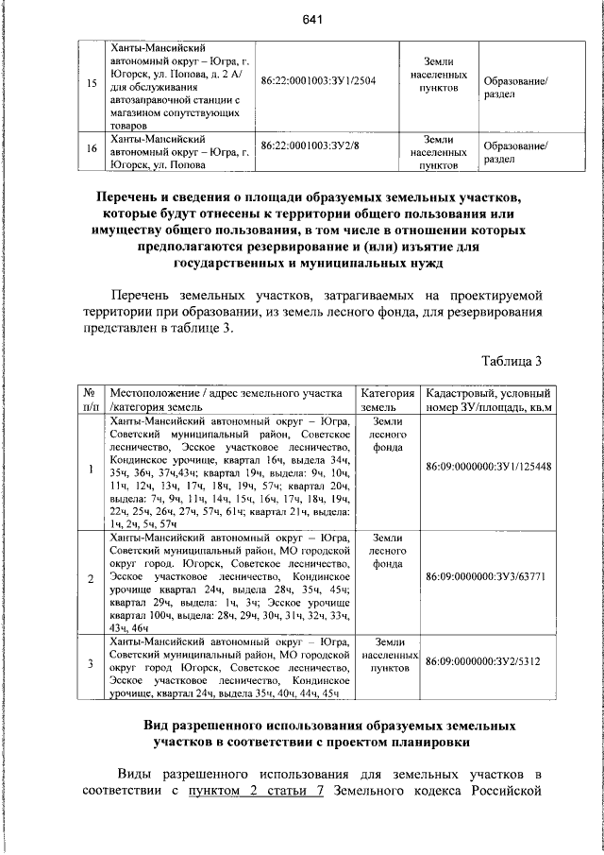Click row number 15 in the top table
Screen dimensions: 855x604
click(92, 83)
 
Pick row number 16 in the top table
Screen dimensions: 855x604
click(92, 148)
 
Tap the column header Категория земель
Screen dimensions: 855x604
click(388, 400)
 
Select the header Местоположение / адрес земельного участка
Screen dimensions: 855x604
click(230, 400)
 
